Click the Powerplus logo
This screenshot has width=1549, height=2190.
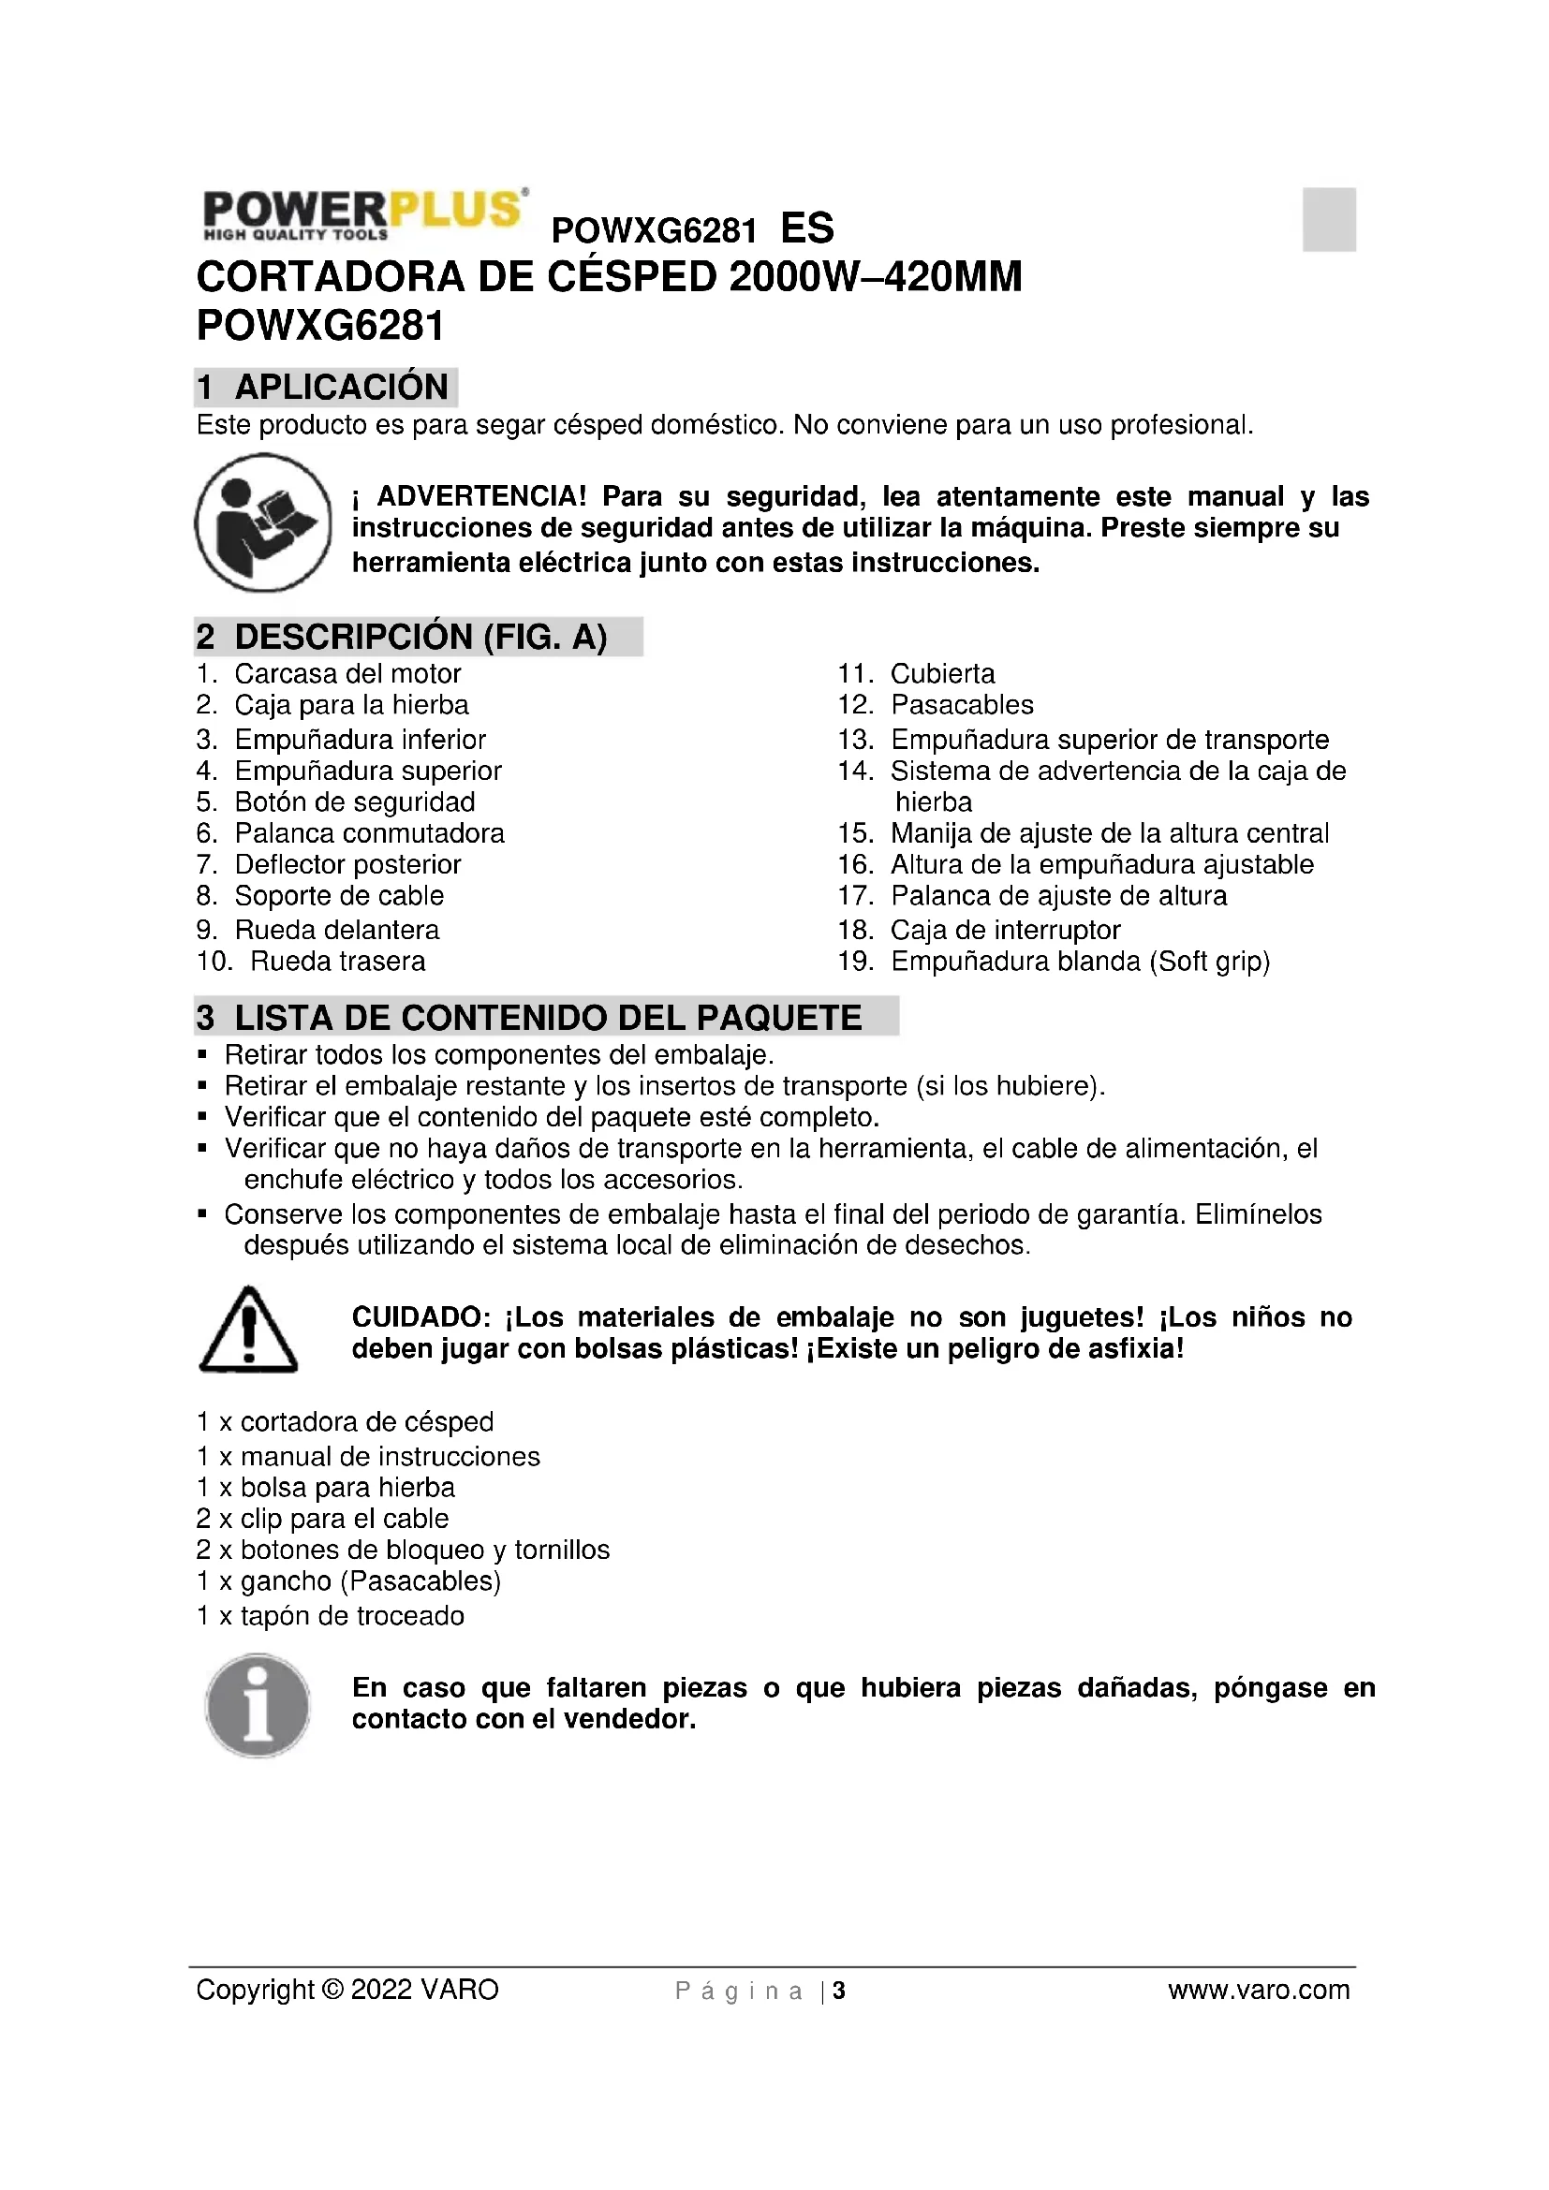point(362,213)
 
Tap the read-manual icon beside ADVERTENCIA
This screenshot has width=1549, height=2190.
point(262,522)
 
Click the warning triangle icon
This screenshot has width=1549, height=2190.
point(248,1330)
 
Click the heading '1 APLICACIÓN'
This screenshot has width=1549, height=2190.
point(325,388)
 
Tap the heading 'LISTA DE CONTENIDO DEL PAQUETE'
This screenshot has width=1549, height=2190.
point(547,1018)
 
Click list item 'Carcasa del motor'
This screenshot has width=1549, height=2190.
point(347,674)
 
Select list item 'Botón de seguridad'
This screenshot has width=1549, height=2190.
point(354,802)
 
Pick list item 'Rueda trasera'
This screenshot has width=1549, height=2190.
point(337,962)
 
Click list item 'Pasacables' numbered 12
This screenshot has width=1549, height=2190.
point(962,705)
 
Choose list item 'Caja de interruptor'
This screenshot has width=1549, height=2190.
point(1004,930)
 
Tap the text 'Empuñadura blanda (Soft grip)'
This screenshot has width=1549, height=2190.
point(1080,962)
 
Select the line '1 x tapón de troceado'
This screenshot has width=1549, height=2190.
point(330,1616)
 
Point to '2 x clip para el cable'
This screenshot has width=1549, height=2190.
point(322,1519)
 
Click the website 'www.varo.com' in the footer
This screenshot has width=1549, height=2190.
point(1258,1991)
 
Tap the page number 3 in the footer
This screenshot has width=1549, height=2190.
point(839,1992)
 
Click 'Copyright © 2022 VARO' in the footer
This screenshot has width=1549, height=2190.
point(347,1991)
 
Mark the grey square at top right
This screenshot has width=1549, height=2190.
point(1329,219)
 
